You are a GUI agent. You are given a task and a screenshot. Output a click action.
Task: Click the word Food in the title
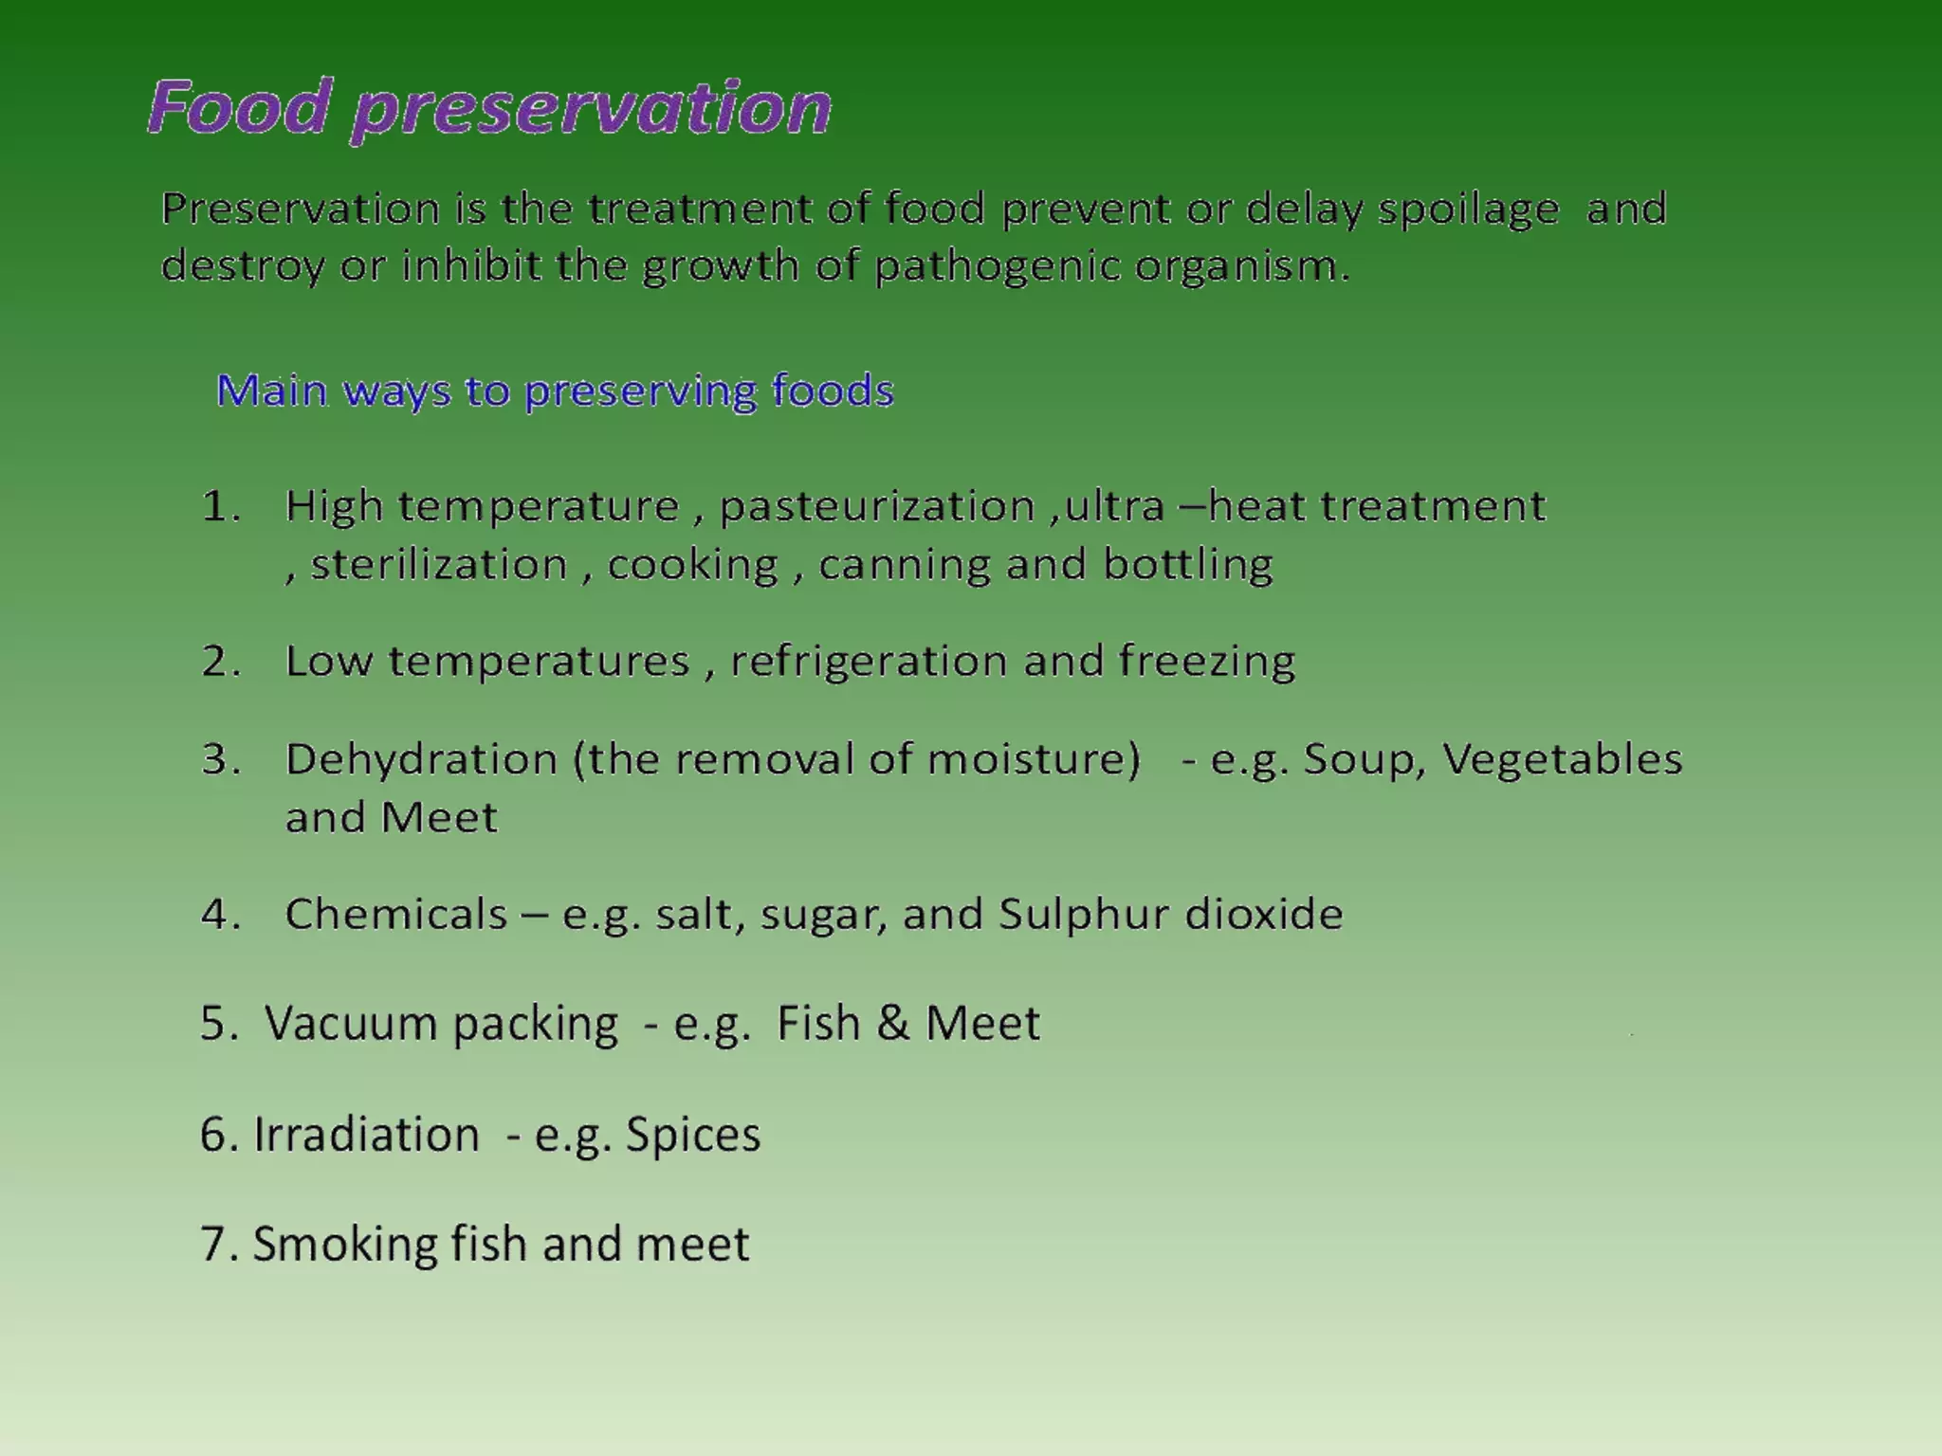(240, 107)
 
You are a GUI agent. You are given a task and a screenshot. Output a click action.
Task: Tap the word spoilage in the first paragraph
(1468, 209)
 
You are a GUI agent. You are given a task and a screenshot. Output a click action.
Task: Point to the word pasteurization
(876, 507)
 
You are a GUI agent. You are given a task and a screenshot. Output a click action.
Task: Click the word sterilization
(439, 565)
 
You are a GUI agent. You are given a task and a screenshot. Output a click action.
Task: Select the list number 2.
(219, 662)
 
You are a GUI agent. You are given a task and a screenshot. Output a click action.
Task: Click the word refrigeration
(868, 662)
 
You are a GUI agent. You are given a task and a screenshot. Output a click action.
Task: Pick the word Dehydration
(421, 759)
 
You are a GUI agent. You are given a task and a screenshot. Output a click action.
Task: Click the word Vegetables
(1562, 759)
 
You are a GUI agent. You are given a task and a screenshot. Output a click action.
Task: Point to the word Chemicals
(396, 915)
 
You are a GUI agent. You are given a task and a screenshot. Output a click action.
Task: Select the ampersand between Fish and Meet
(892, 1024)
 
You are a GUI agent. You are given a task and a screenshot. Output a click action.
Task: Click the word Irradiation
(366, 1135)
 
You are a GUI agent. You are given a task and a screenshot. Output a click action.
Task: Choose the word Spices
(693, 1135)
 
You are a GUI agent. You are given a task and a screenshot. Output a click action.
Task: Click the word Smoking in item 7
(344, 1245)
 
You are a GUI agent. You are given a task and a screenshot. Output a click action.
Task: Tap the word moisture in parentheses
(1032, 759)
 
